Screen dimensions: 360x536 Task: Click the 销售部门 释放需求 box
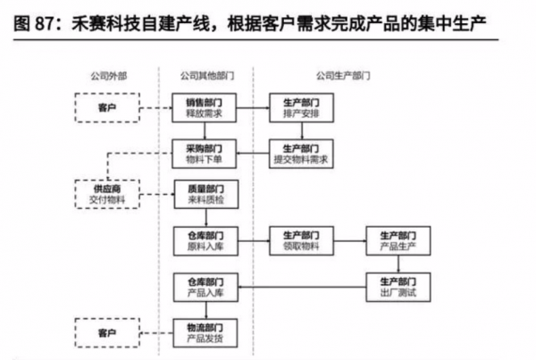204,109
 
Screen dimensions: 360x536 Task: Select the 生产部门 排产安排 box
302,109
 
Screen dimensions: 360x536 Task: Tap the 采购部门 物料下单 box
204,153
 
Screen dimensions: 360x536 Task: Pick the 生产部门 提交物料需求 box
302,153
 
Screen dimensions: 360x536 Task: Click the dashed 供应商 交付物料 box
106,194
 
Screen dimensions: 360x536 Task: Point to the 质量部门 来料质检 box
204,194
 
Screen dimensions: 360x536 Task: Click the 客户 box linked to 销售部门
106,109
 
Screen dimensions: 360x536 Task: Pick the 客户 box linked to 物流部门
106,333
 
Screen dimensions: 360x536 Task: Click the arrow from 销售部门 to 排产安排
252,109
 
